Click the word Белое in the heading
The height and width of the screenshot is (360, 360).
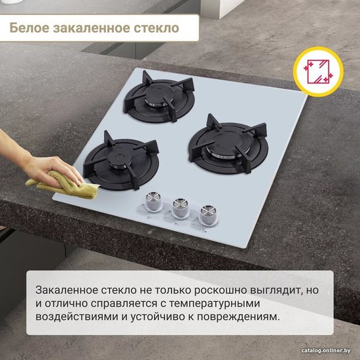click(x=29, y=27)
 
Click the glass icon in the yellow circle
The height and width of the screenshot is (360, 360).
click(x=318, y=71)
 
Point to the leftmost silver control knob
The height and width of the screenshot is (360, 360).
click(x=153, y=202)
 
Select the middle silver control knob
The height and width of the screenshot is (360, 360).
click(x=181, y=207)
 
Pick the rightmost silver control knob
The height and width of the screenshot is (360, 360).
click(x=208, y=215)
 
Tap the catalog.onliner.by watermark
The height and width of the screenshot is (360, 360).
click(x=326, y=350)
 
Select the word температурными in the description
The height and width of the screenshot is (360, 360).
click(x=215, y=304)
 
